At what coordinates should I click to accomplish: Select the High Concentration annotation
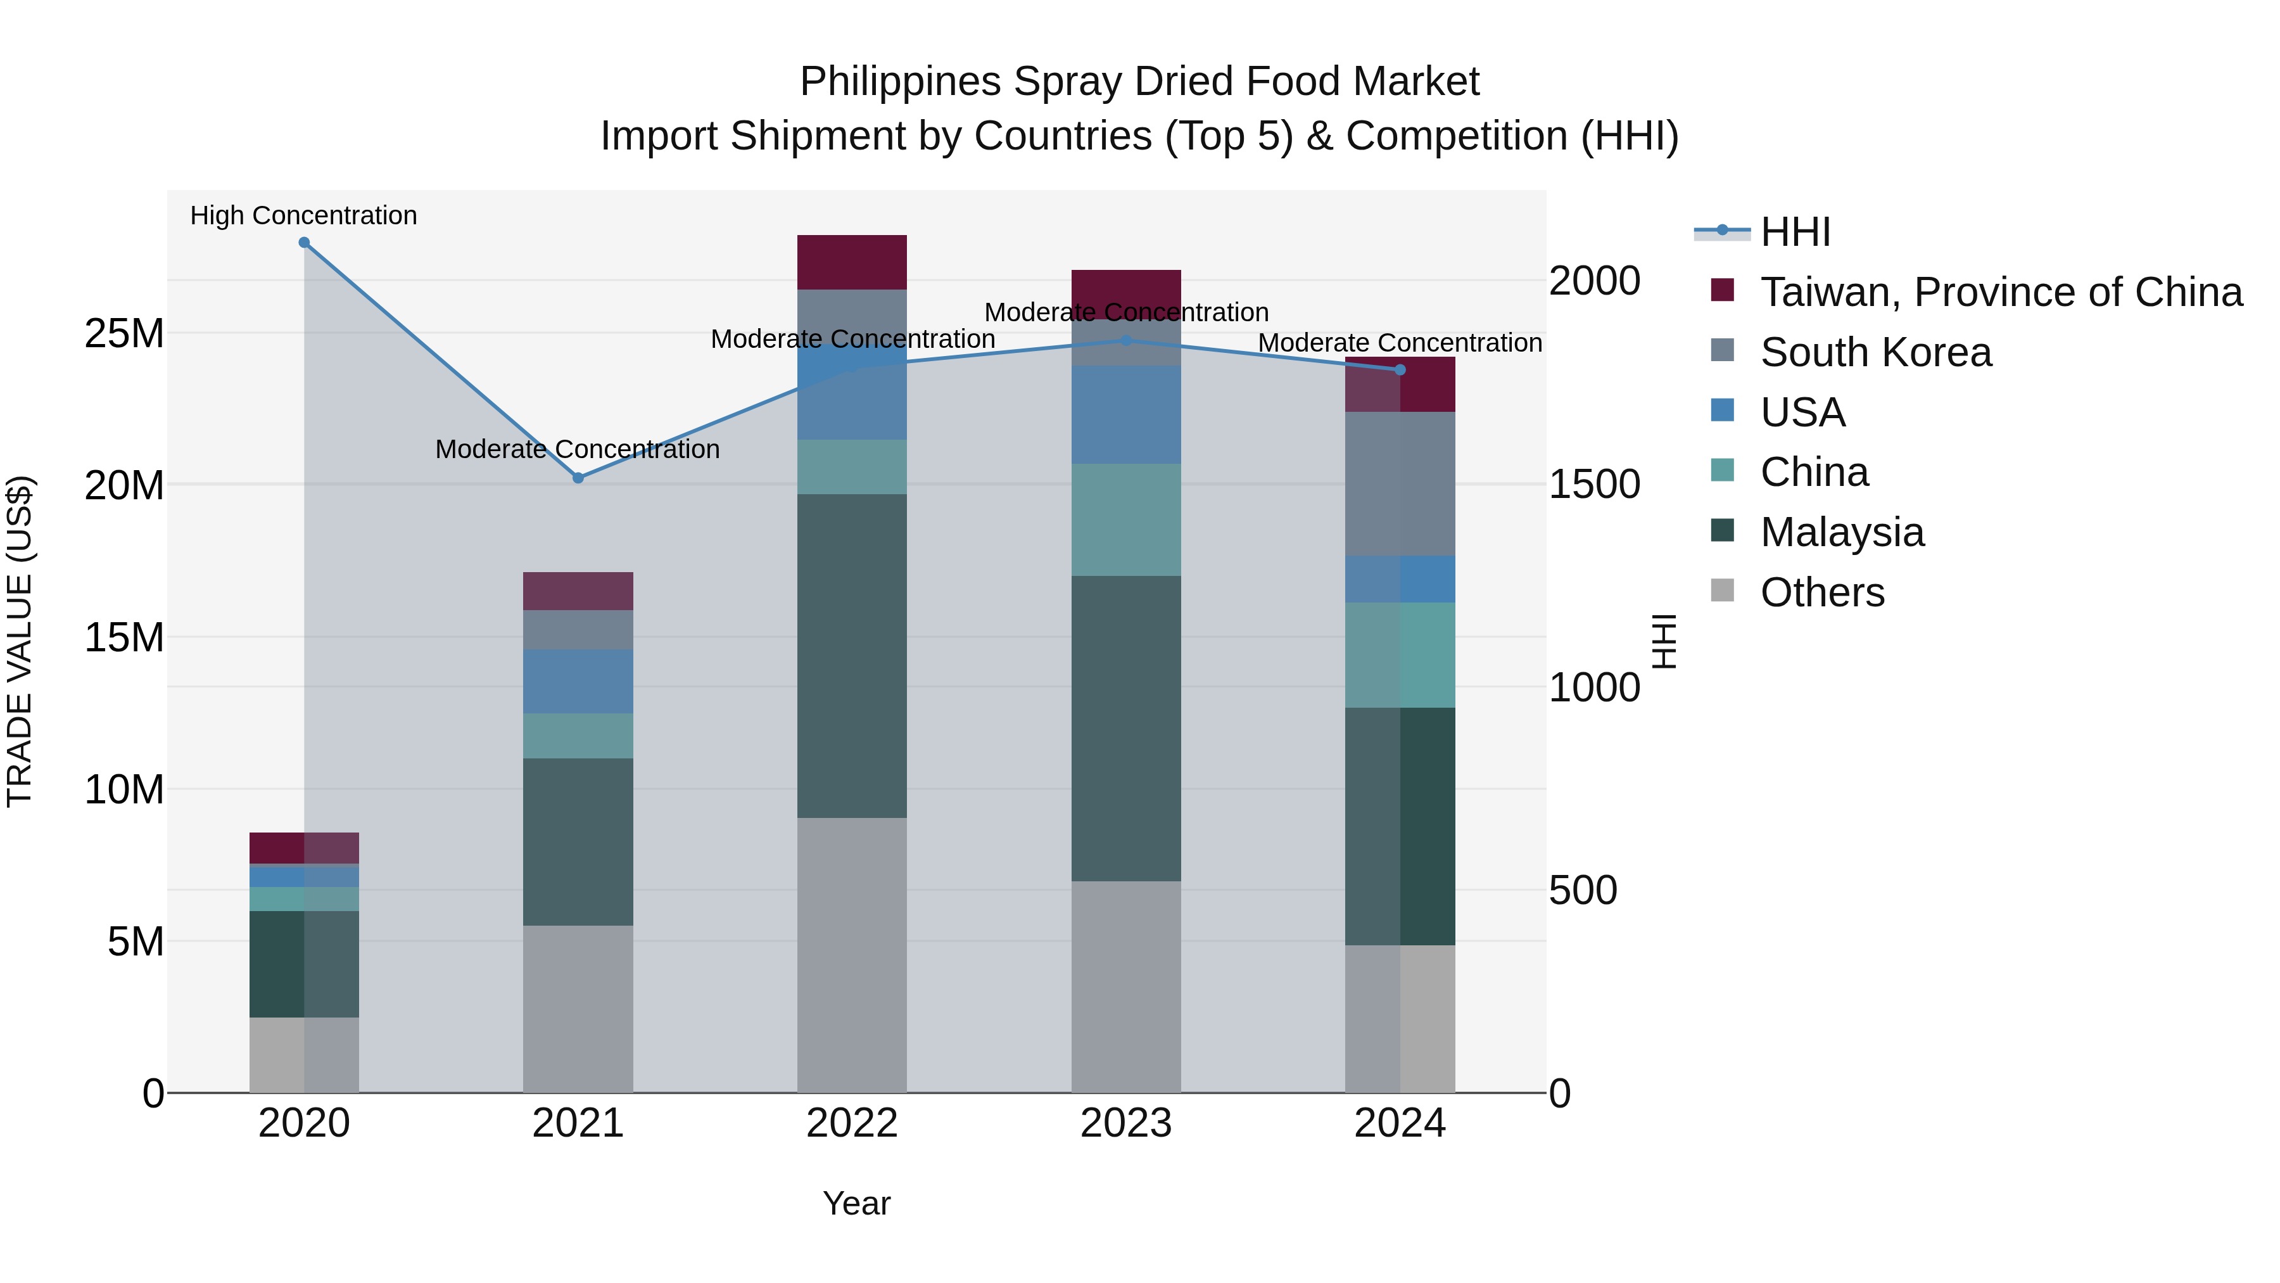coord(303,215)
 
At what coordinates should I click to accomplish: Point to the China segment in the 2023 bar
coord(1126,520)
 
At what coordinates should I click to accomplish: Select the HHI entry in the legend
coord(1795,232)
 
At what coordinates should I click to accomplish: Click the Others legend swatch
coord(1723,590)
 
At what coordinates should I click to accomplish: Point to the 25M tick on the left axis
coord(124,334)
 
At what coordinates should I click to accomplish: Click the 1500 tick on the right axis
coord(1594,484)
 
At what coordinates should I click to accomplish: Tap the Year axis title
coord(856,1203)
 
